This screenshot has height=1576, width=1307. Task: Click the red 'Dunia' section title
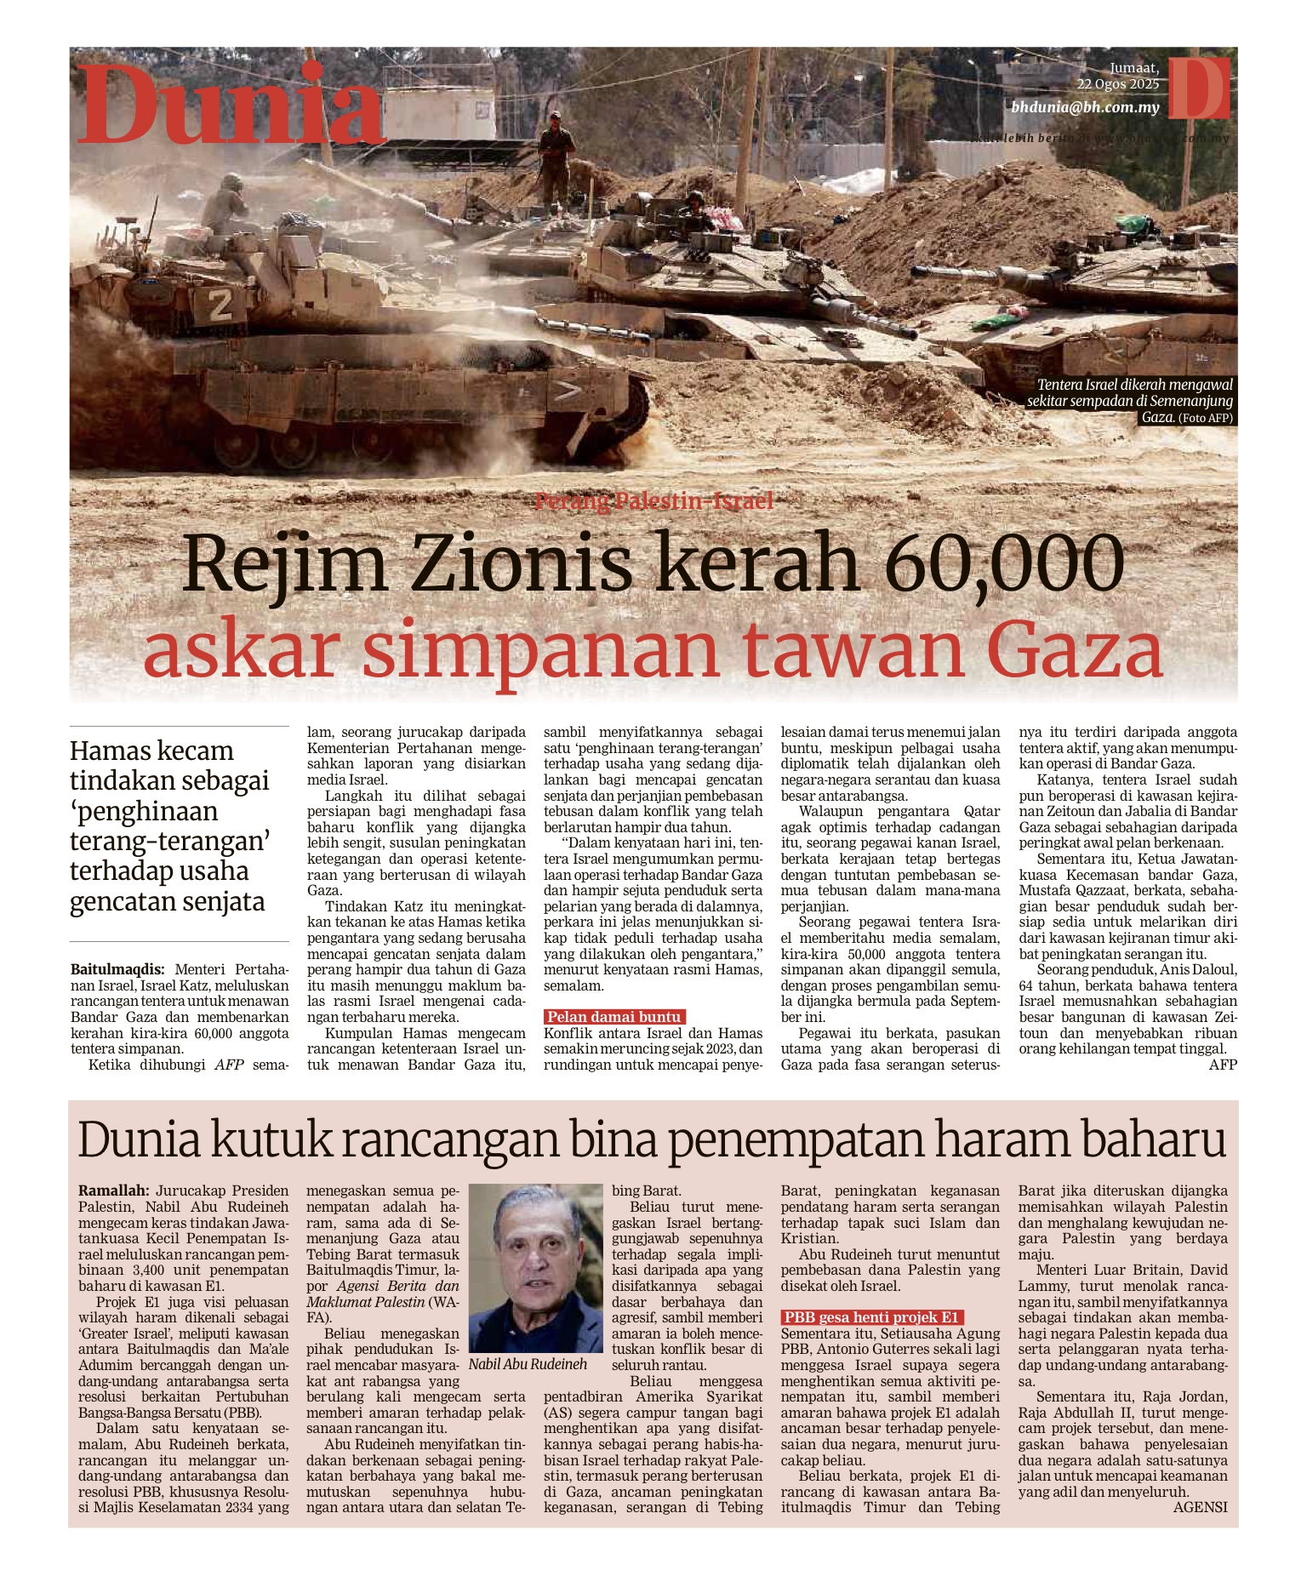coord(231,106)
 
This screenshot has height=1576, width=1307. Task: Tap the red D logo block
coord(1198,88)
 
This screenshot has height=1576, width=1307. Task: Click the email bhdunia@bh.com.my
coord(1085,108)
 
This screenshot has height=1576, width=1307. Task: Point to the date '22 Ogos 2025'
coord(1117,84)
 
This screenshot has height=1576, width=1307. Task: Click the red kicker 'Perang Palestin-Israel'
coord(653,501)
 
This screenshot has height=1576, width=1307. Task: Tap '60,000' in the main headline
coord(1004,563)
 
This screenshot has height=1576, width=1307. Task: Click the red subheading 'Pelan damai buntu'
coord(614,1017)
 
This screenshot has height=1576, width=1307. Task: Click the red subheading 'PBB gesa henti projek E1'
coord(871,1317)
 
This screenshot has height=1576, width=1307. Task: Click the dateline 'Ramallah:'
coord(113,1191)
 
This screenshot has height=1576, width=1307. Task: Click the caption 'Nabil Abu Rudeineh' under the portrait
coord(528,1364)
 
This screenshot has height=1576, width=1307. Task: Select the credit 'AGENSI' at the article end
coord(1200,1507)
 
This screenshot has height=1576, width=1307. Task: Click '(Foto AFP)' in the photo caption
coord(1205,418)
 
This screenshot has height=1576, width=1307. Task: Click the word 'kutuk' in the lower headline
coord(268,1140)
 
